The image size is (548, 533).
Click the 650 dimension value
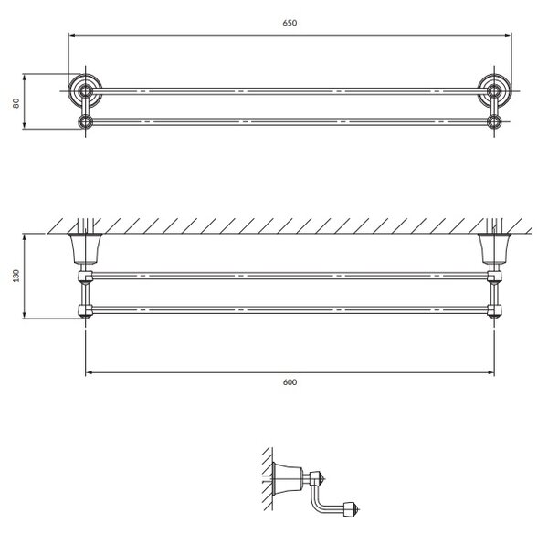(x=290, y=23)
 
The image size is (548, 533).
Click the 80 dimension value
(x=16, y=103)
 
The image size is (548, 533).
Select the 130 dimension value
(x=16, y=276)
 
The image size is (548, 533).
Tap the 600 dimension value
(x=290, y=382)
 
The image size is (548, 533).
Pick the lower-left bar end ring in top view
(x=85, y=122)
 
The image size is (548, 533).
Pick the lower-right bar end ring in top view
(x=494, y=122)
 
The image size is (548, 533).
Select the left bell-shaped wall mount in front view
(x=85, y=248)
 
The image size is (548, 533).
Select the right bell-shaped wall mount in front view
(x=494, y=248)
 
